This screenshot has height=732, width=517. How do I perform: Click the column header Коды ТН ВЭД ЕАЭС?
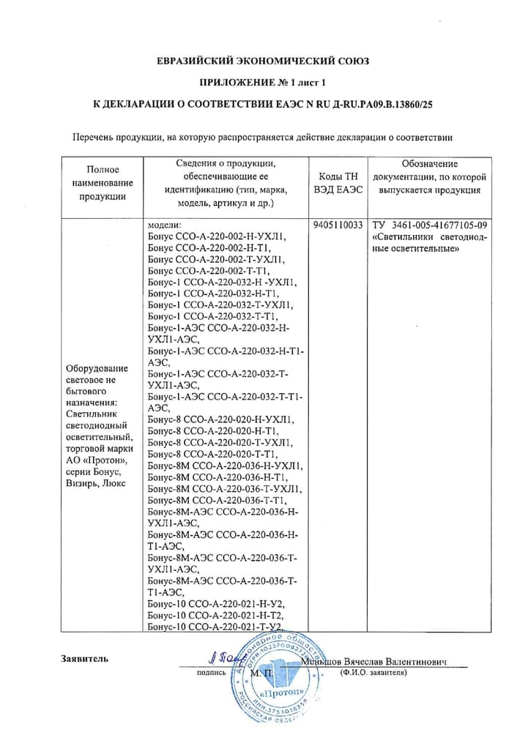point(337,183)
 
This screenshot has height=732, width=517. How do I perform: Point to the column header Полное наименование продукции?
point(103,183)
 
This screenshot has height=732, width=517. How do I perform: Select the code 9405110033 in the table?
point(338,225)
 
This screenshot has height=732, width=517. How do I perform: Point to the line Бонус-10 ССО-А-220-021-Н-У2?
point(215,605)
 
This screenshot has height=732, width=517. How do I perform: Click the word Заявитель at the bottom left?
point(85,659)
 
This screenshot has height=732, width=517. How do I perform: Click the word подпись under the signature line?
point(212,672)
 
